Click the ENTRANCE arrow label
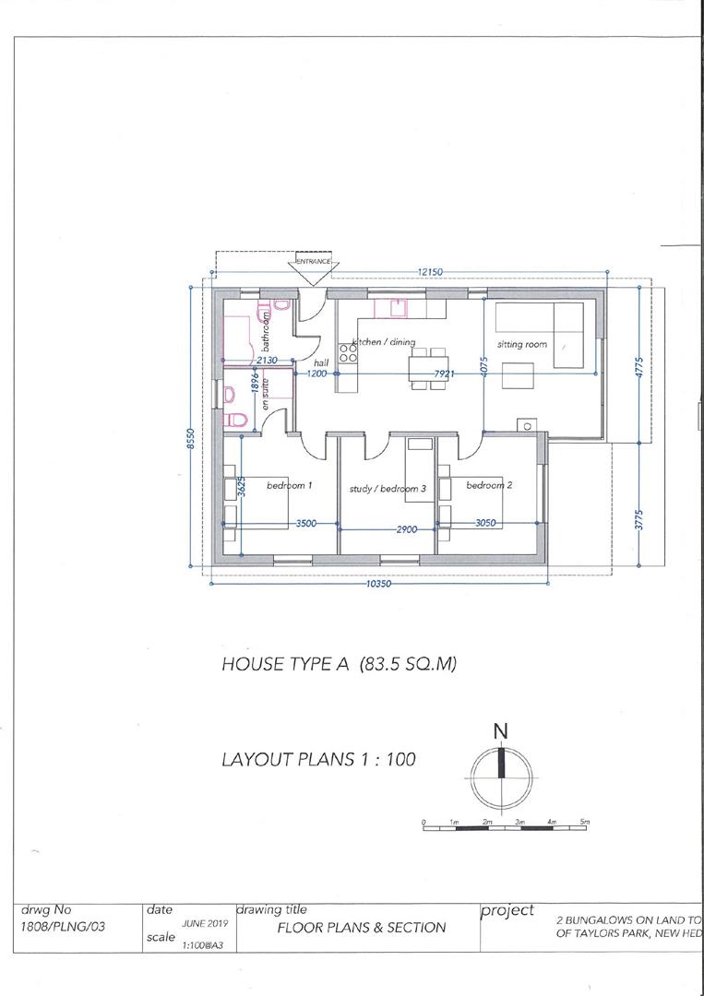click(313, 262)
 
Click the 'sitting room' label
click(522, 344)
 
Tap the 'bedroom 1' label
click(290, 485)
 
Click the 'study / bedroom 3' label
click(387, 489)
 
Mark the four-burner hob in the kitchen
click(348, 352)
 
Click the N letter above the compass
click(500, 730)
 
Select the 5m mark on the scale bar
click(584, 821)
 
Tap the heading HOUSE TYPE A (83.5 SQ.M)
click(340, 664)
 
